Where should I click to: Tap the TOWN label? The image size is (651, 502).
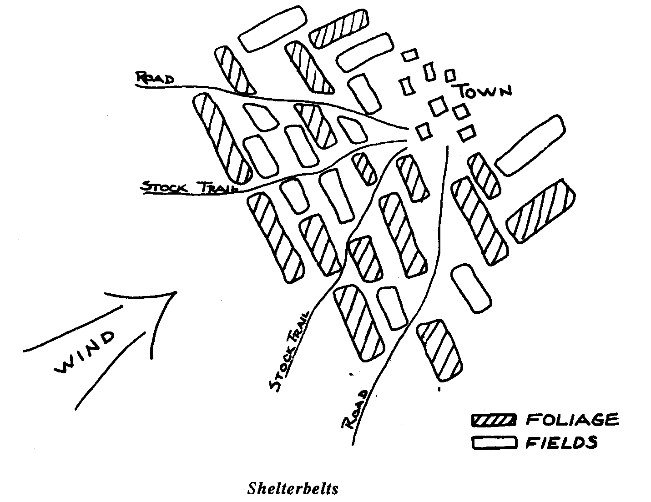[484, 91]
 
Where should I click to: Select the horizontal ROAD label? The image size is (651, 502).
[155, 79]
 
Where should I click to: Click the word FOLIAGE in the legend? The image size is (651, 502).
[572, 419]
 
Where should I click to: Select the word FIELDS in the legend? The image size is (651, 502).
[561, 442]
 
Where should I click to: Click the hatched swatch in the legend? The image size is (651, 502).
[494, 420]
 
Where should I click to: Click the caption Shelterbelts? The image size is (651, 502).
[293, 488]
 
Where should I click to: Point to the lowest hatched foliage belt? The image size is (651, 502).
[439, 350]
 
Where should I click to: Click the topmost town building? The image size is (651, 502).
[409, 55]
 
